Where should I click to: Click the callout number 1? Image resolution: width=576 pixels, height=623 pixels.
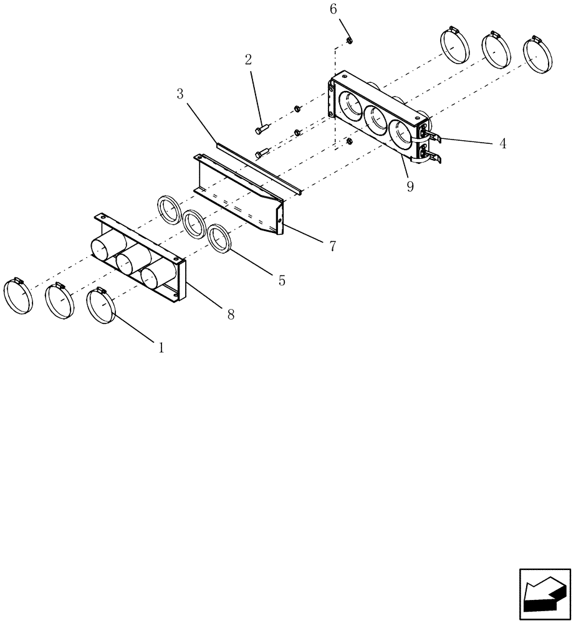[x=161, y=348]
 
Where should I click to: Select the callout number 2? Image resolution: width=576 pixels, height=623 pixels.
[x=249, y=60]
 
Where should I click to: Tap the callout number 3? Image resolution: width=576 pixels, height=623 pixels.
[x=180, y=94]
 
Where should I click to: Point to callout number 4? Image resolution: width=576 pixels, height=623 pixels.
[x=502, y=143]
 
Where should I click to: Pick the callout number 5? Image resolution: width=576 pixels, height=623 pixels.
[x=282, y=280]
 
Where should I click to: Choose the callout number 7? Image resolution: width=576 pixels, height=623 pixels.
[x=333, y=246]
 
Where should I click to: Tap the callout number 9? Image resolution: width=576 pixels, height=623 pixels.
[x=410, y=186]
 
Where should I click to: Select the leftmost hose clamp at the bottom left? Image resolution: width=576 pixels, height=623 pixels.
[x=18, y=297]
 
